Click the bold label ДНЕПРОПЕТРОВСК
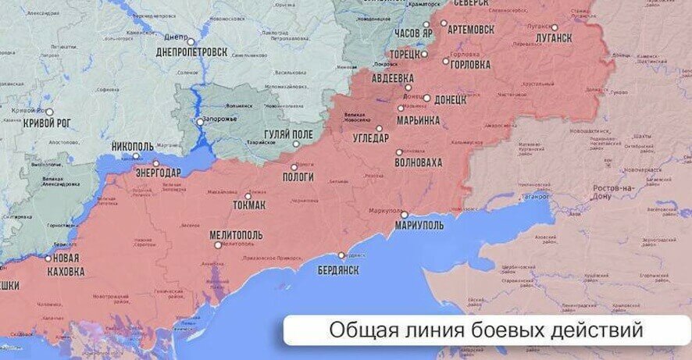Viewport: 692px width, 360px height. coord(192,52)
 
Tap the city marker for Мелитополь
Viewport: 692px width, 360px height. coord(219,245)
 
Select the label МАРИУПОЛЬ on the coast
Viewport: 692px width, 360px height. coord(419,225)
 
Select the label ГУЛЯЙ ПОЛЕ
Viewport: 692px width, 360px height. coord(289,135)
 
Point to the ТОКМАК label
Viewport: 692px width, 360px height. coord(249,205)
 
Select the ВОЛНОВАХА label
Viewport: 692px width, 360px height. coord(419,162)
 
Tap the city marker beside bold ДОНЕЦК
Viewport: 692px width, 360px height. coord(426,98)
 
